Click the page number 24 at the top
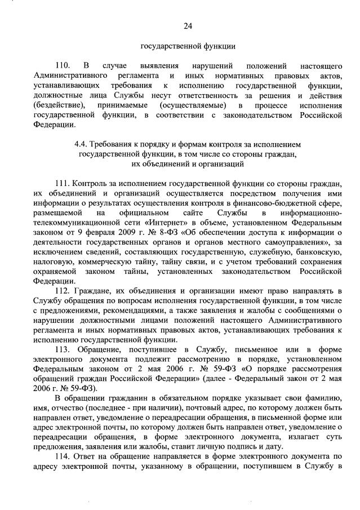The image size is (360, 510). point(188,26)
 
